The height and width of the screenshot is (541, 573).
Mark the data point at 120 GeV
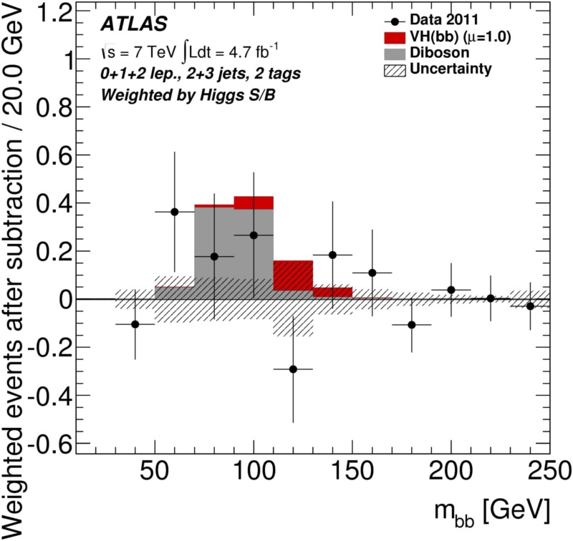pyautogui.click(x=293, y=369)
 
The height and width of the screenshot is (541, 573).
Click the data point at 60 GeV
pyautogui.click(x=175, y=212)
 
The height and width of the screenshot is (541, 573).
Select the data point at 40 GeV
pyautogui.click(x=135, y=324)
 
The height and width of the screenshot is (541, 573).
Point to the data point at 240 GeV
pyautogui.click(x=530, y=306)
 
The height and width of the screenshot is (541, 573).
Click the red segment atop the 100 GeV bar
pyautogui.click(x=254, y=203)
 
